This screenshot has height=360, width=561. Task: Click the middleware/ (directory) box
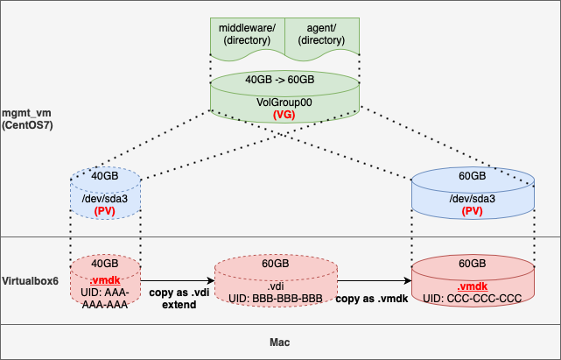click(x=248, y=38)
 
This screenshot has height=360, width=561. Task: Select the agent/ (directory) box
click(x=322, y=38)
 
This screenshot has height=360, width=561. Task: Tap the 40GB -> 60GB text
click(x=280, y=80)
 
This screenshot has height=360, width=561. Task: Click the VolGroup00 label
click(x=284, y=102)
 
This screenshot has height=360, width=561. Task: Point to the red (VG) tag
click(x=284, y=115)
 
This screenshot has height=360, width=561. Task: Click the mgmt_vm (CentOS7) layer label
click(x=27, y=119)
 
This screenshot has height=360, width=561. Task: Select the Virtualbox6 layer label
click(x=30, y=281)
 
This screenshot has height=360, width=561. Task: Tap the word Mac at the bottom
click(x=280, y=342)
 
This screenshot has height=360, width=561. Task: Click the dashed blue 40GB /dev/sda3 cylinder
click(x=106, y=193)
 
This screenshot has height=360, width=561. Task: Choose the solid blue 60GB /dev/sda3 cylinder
click(x=473, y=193)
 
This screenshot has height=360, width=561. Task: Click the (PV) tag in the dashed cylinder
click(x=105, y=211)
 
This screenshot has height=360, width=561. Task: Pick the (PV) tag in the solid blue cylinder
click(x=473, y=211)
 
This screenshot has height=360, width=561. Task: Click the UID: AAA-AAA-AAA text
click(x=105, y=299)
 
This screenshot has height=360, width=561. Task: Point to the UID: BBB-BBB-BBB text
click(x=276, y=299)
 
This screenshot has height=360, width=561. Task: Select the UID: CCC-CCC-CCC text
click(x=473, y=299)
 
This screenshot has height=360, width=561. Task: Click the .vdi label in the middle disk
click(x=276, y=286)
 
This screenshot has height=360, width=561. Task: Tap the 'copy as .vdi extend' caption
click(x=179, y=299)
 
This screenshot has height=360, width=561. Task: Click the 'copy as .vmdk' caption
click(x=372, y=299)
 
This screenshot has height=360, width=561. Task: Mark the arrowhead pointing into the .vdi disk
click(x=211, y=281)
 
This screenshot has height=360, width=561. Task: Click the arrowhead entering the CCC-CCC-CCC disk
click(x=408, y=281)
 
